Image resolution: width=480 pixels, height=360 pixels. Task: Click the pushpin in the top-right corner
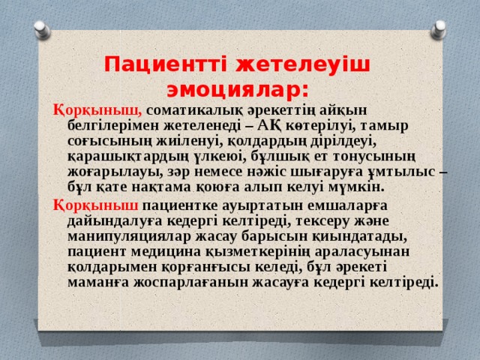coord(438,29)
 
